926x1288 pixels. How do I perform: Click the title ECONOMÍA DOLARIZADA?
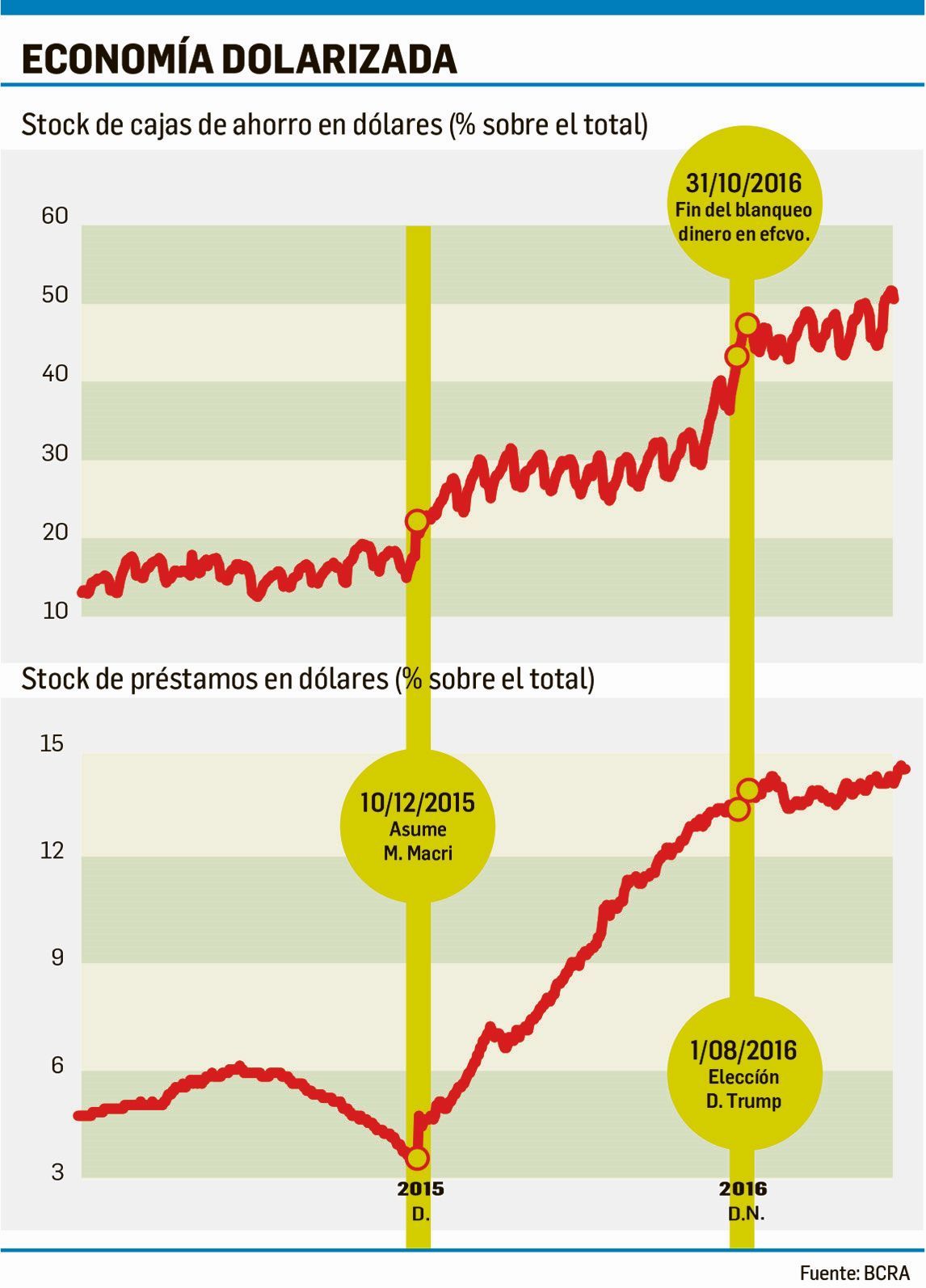[x=239, y=59]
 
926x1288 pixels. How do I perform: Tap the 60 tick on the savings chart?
[x=55, y=217]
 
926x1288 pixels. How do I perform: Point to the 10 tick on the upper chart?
[x=55, y=611]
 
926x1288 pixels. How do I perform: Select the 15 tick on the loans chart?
[x=52, y=744]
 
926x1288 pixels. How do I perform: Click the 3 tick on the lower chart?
[x=57, y=1172]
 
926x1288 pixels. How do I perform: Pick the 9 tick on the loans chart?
[x=57, y=958]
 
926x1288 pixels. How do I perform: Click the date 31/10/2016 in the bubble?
[x=743, y=183]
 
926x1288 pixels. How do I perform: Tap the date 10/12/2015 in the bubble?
[x=417, y=803]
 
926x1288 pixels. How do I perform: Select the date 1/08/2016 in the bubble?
[x=743, y=1051]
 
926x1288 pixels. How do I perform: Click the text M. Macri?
[x=418, y=853]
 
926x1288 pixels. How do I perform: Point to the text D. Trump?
[x=743, y=1101]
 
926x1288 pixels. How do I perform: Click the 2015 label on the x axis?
[x=420, y=1189]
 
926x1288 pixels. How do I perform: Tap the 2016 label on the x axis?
[x=743, y=1189]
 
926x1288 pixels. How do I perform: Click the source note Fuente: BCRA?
[x=855, y=1273]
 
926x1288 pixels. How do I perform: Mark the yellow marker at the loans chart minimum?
[x=417, y=1159]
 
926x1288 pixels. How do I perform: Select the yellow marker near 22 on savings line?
[x=417, y=521]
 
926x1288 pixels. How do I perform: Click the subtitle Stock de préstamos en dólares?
[x=307, y=679]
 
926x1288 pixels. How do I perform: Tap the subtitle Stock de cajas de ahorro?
[x=334, y=125]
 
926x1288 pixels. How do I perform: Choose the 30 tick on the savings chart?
[x=55, y=453]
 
